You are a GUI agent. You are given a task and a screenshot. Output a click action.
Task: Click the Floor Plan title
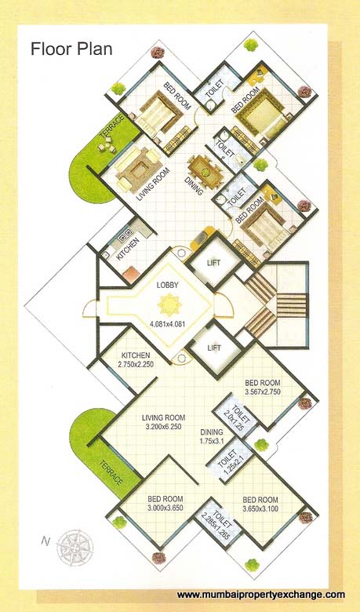tap(71, 49)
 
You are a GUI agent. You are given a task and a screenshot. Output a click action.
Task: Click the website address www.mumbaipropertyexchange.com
tap(261, 595)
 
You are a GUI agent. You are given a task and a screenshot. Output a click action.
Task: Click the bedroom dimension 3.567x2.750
tap(262, 393)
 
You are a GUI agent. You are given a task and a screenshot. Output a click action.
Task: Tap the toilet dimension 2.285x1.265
tap(216, 528)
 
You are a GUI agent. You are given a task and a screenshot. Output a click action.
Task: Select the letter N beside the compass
tap(45, 541)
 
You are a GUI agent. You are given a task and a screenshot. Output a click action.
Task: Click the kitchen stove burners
tap(123, 235)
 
